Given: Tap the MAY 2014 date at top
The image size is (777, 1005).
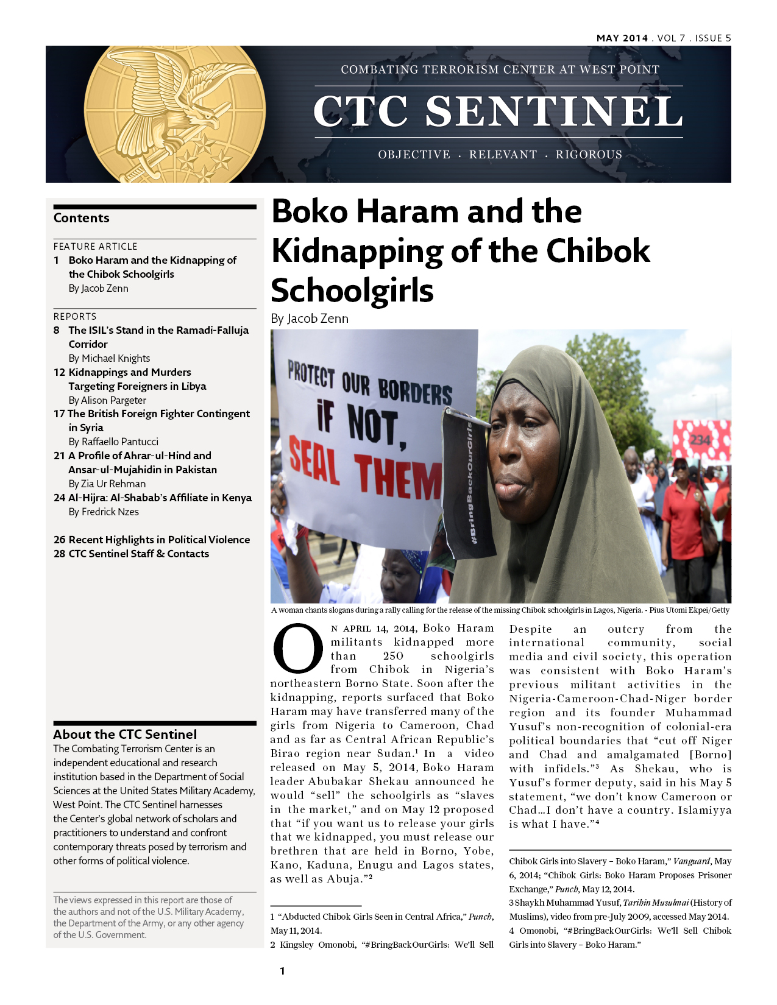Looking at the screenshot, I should click(622, 38).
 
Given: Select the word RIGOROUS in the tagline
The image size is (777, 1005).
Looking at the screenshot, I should click(589, 155).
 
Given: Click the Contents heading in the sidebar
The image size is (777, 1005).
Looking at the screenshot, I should click(82, 218).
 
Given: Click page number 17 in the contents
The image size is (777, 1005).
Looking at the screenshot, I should click(59, 414).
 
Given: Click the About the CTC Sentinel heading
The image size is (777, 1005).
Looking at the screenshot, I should click(125, 734).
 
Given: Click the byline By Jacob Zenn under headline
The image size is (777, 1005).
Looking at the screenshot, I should click(310, 319).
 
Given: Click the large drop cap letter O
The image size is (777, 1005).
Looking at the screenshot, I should click(297, 649).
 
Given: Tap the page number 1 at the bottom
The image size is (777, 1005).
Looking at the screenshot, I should click(282, 971).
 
